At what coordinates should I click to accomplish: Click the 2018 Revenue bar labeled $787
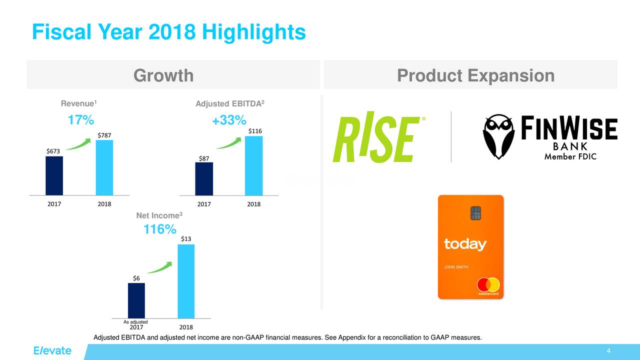[104, 167]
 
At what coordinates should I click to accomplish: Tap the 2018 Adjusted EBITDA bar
[253, 165]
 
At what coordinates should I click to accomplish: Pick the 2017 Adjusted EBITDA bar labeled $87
[204, 178]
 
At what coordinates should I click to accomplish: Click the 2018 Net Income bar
[186, 281]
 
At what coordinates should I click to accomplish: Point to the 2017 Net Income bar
[136, 300]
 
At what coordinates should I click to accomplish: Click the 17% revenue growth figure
[80, 121]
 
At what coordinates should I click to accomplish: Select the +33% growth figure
[228, 121]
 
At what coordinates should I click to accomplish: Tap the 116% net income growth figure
[159, 230]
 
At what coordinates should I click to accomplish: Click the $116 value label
[255, 131]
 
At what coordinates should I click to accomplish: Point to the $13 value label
[186, 239]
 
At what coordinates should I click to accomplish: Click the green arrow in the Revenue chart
[78, 143]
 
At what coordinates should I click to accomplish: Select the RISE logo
[376, 140]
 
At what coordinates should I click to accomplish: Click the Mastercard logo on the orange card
[487, 285]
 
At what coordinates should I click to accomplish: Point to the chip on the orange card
[475, 213]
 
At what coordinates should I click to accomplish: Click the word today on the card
[465, 244]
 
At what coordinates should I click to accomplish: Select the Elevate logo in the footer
[52, 350]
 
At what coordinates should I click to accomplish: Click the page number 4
[608, 351]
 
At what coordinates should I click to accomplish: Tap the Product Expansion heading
[475, 75]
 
